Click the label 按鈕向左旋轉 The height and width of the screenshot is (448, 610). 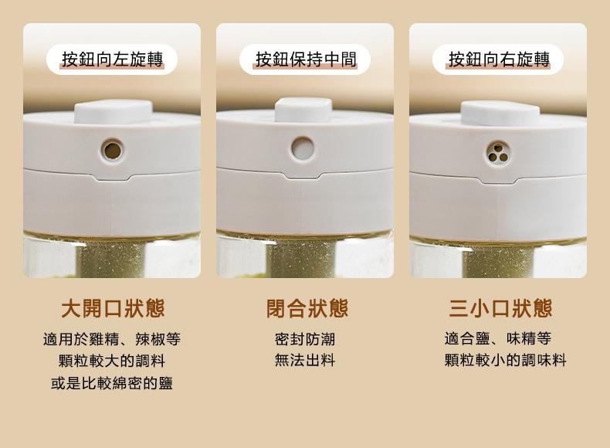point(112,59)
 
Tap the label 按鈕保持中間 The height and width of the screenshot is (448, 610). point(306,59)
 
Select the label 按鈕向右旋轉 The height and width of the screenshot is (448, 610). point(499,59)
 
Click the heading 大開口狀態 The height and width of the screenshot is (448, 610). point(113,308)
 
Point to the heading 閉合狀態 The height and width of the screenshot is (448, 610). point(307,308)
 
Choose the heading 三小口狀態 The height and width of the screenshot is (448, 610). point(500,308)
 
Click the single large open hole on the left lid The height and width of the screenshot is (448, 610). point(113,151)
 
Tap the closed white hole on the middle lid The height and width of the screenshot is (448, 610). point(302,148)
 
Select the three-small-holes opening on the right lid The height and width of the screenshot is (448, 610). point(496,153)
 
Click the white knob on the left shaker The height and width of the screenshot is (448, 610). point(114,112)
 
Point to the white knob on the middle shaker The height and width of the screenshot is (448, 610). point(303,110)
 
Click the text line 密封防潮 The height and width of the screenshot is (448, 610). point(305,339)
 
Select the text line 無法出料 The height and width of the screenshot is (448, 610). point(305,360)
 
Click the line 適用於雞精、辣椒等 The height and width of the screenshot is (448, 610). point(112,339)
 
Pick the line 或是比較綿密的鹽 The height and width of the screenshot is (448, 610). point(112,383)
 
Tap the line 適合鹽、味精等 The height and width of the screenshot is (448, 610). point(498,338)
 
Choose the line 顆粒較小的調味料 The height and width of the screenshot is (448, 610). point(505,360)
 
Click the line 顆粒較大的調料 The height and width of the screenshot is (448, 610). point(112,361)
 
